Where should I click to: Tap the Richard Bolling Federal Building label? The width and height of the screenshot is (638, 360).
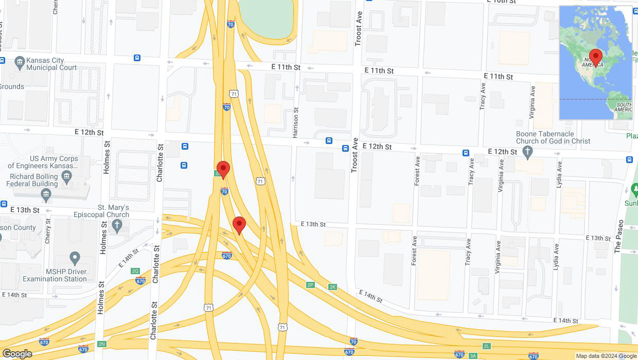point(33,180)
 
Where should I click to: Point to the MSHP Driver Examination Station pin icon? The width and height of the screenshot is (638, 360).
point(75,258)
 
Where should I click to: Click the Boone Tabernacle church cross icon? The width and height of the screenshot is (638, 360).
point(527,152)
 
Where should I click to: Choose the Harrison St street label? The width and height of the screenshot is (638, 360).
point(295,123)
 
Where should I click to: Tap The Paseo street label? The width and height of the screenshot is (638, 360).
point(618,237)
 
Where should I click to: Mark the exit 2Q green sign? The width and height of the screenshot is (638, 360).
point(135,271)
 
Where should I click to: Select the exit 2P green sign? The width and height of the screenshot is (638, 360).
point(310,285)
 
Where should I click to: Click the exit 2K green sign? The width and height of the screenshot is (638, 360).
point(332,287)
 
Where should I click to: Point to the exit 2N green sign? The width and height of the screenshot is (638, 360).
point(101,344)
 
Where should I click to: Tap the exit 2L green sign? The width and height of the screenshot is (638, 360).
point(486,346)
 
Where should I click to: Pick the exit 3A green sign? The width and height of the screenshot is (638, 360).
point(473,355)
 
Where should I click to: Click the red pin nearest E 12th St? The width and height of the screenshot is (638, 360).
point(223,169)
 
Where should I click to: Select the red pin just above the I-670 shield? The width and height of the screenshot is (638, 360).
point(239,225)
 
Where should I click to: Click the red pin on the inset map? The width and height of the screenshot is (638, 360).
point(596,57)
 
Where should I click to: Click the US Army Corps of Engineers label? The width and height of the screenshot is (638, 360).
point(43,163)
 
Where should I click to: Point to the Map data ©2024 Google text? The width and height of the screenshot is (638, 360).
point(606,356)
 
